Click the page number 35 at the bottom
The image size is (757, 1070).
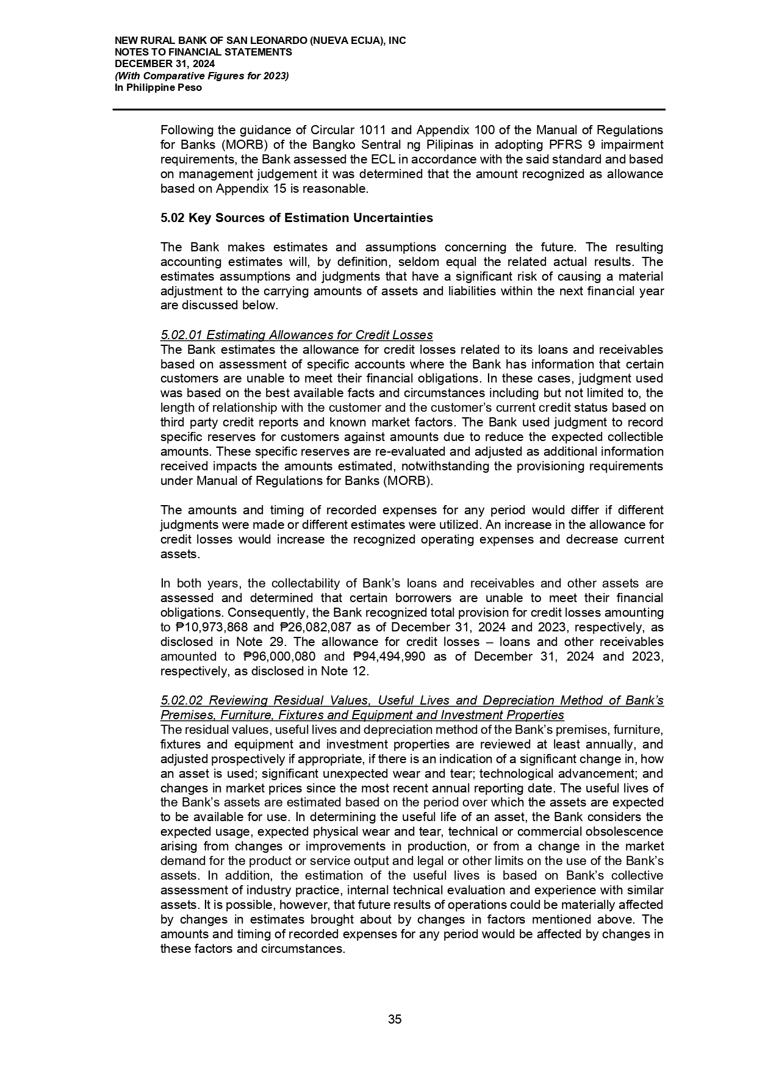(395, 1019)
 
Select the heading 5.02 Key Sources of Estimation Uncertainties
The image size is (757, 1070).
(296, 218)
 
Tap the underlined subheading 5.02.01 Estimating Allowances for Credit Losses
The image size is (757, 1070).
(296, 335)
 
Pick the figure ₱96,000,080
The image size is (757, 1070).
(279, 656)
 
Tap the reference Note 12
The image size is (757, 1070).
(350, 671)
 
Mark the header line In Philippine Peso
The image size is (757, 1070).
(158, 88)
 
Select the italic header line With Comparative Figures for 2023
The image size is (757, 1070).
(202, 76)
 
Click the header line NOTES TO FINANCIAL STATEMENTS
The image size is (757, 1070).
(203, 52)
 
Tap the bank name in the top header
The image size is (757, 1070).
(260, 41)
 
